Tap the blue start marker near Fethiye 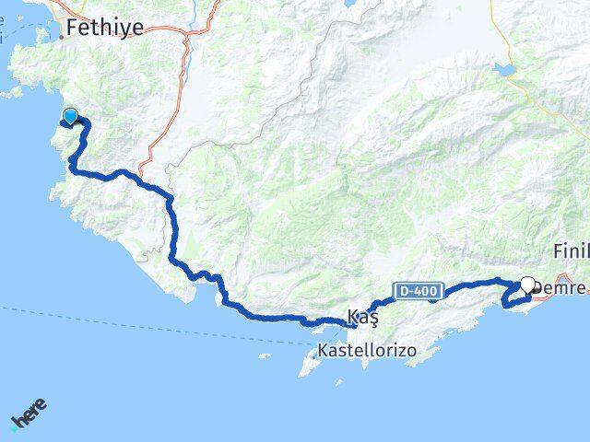click(70, 117)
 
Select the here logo click(29, 415)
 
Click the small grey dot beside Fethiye click(64, 37)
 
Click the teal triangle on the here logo click(14, 424)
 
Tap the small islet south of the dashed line click(265, 355)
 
